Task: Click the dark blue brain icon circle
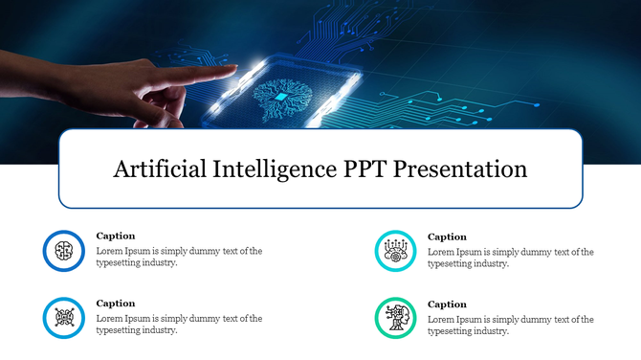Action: (x=64, y=251)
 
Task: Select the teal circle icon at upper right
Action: (x=395, y=251)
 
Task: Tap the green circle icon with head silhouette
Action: (x=395, y=318)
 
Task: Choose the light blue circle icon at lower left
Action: (x=64, y=318)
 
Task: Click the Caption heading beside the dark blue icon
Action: (x=116, y=236)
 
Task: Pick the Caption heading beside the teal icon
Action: (x=447, y=236)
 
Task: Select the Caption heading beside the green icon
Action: (x=447, y=304)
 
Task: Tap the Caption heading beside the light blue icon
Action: (x=116, y=303)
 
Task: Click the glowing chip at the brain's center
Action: (x=280, y=97)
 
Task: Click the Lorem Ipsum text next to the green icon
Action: (x=510, y=325)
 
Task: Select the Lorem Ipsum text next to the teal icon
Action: (x=510, y=258)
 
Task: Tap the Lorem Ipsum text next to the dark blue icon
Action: (x=179, y=257)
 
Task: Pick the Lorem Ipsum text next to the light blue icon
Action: (x=179, y=324)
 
